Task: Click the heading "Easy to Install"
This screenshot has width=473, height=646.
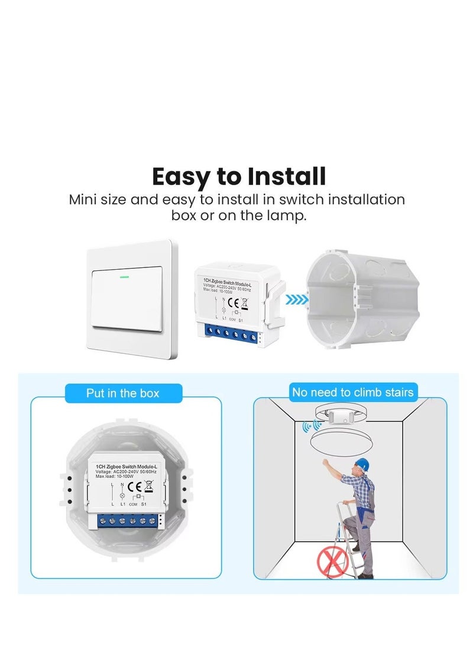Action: (238, 176)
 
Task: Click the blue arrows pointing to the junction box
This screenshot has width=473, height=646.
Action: (297, 300)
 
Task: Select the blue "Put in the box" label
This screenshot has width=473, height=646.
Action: (122, 393)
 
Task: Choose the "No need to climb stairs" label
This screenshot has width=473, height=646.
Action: (352, 392)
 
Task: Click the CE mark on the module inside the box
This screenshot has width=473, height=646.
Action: (134, 487)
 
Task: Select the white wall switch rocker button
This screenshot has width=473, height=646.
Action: (126, 301)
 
